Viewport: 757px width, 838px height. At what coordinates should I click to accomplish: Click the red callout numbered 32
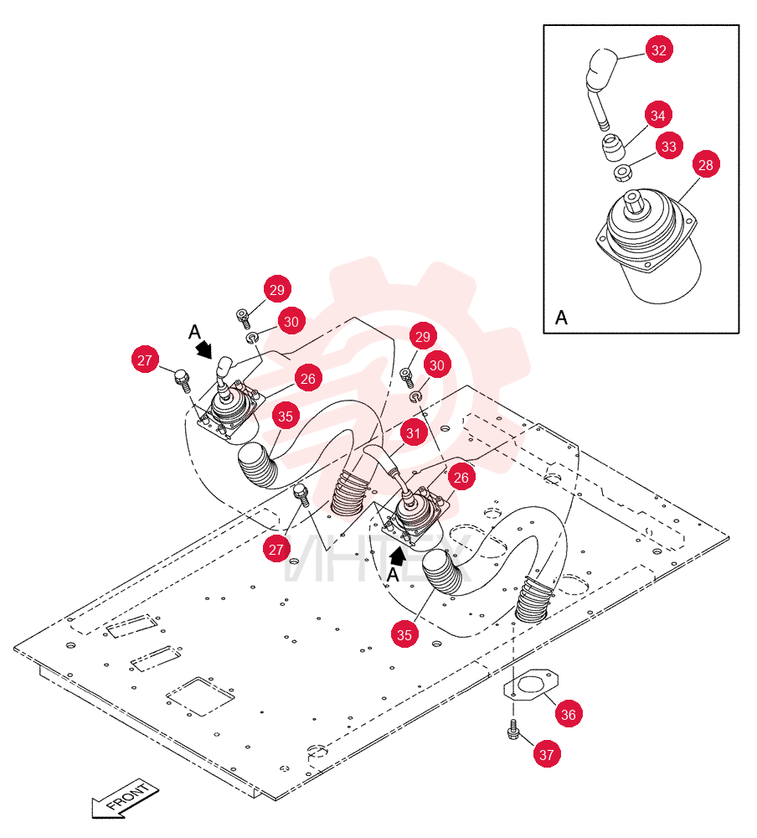click(x=659, y=49)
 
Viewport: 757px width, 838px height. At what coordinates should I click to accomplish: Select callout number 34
click(x=657, y=116)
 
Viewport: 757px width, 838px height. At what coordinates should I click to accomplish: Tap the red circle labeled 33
click(x=669, y=146)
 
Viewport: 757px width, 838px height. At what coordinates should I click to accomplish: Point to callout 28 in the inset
click(x=706, y=164)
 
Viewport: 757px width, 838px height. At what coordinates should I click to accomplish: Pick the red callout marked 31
click(x=414, y=433)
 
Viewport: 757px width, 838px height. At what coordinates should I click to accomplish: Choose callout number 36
click(x=569, y=714)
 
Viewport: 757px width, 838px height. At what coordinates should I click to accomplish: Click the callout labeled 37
click(x=547, y=754)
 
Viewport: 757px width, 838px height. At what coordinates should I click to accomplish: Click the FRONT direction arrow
click(x=125, y=799)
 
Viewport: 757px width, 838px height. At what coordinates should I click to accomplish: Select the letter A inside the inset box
click(x=561, y=318)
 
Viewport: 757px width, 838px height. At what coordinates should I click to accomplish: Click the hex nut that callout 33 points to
click(x=622, y=173)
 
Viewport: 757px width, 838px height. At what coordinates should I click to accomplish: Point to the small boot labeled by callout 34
click(x=613, y=147)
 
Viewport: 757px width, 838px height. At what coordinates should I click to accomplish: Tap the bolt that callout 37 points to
click(x=513, y=730)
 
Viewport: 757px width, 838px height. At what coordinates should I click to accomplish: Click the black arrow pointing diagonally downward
click(x=203, y=350)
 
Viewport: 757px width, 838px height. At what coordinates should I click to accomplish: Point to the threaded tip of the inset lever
click(x=605, y=127)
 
